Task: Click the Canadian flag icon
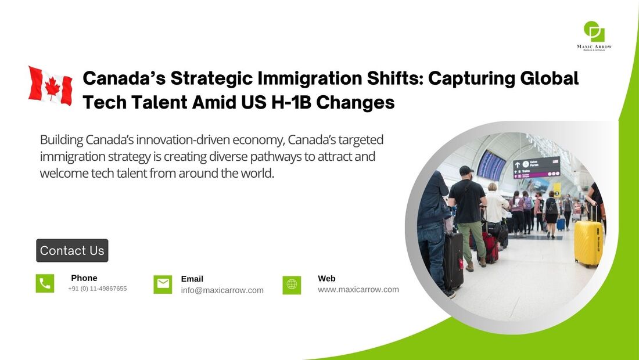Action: pyautogui.click(x=51, y=86)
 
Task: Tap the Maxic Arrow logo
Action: pyautogui.click(x=594, y=36)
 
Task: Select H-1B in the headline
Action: pyautogui.click(x=291, y=102)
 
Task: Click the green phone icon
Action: pyautogui.click(x=45, y=283)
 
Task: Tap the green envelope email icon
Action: pyautogui.click(x=163, y=284)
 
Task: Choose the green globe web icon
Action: pyautogui.click(x=292, y=285)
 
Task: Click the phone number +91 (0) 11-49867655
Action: pyautogui.click(x=98, y=289)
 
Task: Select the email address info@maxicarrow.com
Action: pyautogui.click(x=222, y=290)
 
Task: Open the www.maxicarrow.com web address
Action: pyautogui.click(x=358, y=290)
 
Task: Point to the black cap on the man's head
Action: pyautogui.click(x=466, y=170)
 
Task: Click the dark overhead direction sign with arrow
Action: pyautogui.click(x=536, y=167)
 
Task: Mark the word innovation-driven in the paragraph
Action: pyautogui.click(x=210, y=140)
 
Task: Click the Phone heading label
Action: pyautogui.click(x=84, y=278)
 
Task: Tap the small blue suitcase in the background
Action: pyautogui.click(x=561, y=224)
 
